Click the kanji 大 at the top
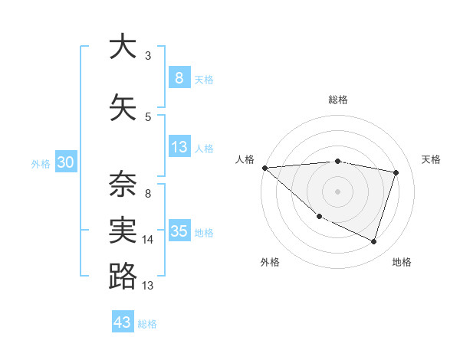123,47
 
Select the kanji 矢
123,108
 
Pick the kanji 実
123,229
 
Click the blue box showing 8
179,77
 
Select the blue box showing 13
179,147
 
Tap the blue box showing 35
179,231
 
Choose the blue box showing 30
65,162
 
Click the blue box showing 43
123,322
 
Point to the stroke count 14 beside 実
148,240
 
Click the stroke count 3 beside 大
148,56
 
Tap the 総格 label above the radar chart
337,100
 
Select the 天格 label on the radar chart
431,159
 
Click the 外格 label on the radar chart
270,262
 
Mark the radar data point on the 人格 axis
264,168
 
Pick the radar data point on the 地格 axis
374,242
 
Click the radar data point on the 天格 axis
396,172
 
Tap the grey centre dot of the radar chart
337,191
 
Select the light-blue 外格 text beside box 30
41,163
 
